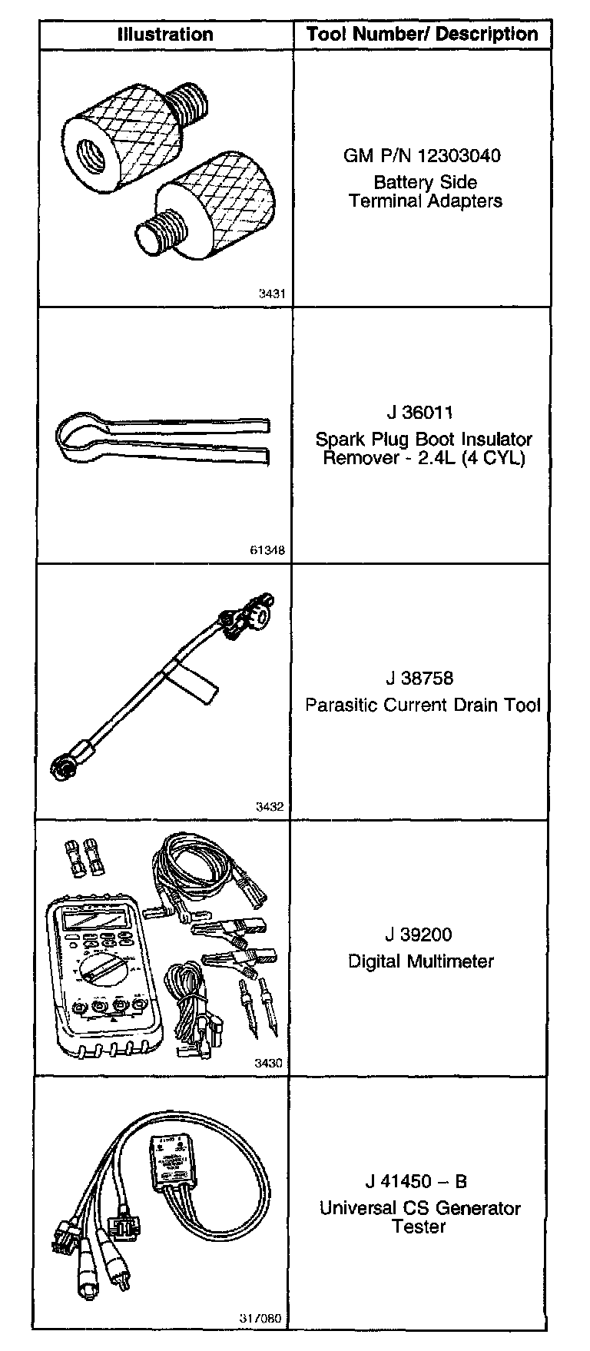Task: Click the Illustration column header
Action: (164, 35)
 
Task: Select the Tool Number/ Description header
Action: (422, 35)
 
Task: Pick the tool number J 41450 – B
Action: (416, 1182)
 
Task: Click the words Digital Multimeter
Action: (420, 961)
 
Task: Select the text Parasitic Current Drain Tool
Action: (423, 705)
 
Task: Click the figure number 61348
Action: (267, 550)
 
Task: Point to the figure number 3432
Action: (271, 807)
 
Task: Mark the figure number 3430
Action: (269, 1064)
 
